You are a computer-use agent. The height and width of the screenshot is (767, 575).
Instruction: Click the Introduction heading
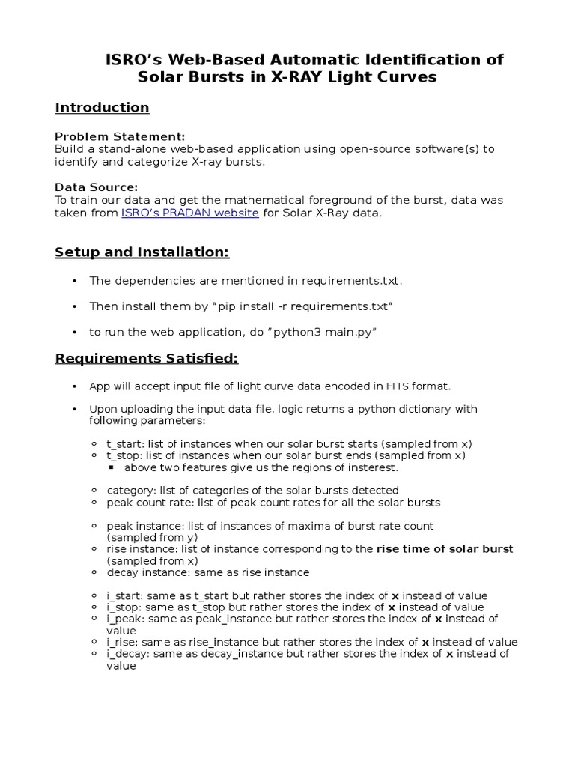(102, 107)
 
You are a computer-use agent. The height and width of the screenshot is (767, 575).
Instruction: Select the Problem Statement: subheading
(120, 136)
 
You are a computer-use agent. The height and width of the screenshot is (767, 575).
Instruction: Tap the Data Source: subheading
(97, 187)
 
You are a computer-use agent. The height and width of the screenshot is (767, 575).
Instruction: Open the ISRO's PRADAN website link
(190, 213)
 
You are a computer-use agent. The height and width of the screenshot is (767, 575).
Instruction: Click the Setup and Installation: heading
(142, 252)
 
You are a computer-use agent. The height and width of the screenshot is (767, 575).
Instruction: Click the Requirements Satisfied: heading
(147, 359)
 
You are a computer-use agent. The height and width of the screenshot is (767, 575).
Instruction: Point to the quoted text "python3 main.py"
(327, 332)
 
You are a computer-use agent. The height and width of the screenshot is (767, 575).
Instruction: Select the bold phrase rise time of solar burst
(445, 549)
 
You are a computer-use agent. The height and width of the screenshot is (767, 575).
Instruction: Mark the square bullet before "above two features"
(111, 467)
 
